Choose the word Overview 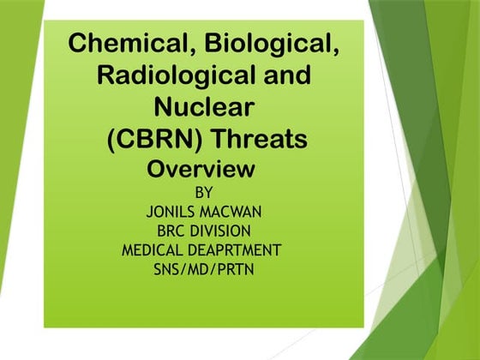(x=201, y=169)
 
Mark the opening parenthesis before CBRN (x=111, y=139)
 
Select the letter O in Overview (x=158, y=169)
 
